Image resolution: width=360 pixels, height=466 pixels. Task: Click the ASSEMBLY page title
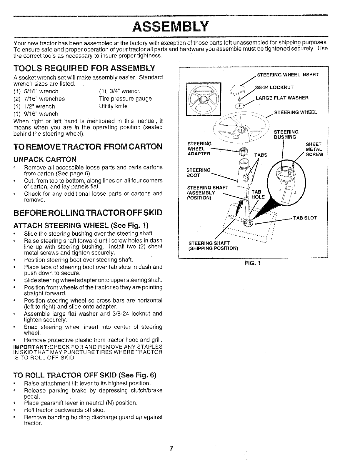coord(171,26)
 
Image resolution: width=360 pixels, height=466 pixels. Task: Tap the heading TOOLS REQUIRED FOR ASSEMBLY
coord(84,69)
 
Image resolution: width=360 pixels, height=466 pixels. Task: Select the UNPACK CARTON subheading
coord(45,159)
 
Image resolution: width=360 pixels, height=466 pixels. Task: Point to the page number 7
coord(171,448)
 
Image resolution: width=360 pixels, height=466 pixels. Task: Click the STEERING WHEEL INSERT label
coord(288,75)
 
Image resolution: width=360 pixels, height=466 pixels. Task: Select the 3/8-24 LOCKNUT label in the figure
coord(275,87)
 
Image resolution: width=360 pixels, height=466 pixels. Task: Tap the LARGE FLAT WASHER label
coord(282,98)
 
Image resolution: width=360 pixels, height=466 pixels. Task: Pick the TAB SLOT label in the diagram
coord(304,218)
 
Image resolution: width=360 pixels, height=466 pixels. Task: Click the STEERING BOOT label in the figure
coord(199,173)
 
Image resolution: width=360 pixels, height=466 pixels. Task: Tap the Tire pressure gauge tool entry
coord(125,99)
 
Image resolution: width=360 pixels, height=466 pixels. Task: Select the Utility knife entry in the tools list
coord(113,106)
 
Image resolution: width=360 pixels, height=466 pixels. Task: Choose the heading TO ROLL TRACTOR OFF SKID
coord(85,375)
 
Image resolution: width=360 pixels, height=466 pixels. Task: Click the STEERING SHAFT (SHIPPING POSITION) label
coord(213,245)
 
